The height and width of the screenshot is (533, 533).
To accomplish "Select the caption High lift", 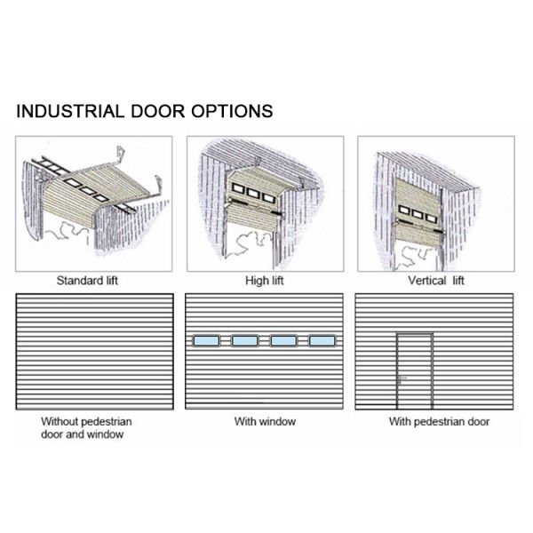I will [264, 281].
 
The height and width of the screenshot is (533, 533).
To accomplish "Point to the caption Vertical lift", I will [435, 281].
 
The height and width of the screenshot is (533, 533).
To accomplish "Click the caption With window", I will [265, 421].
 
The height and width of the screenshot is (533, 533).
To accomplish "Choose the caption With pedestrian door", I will [439, 421].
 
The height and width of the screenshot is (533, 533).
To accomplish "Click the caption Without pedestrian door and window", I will [83, 427].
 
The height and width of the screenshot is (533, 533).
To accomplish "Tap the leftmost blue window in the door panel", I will [206, 340].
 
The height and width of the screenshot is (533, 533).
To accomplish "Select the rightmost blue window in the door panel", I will [322, 340].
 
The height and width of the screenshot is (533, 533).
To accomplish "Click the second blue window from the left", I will [244, 340].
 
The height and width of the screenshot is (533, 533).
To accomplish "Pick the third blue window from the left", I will [283, 340].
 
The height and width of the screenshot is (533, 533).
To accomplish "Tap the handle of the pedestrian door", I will [400, 378].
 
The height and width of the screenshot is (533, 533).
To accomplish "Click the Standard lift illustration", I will [93, 203].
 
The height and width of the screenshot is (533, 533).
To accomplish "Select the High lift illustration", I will [265, 203].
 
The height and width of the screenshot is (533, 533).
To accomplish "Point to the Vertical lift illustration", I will [435, 203].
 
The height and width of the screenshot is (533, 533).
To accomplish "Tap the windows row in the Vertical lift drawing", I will [418, 213].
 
